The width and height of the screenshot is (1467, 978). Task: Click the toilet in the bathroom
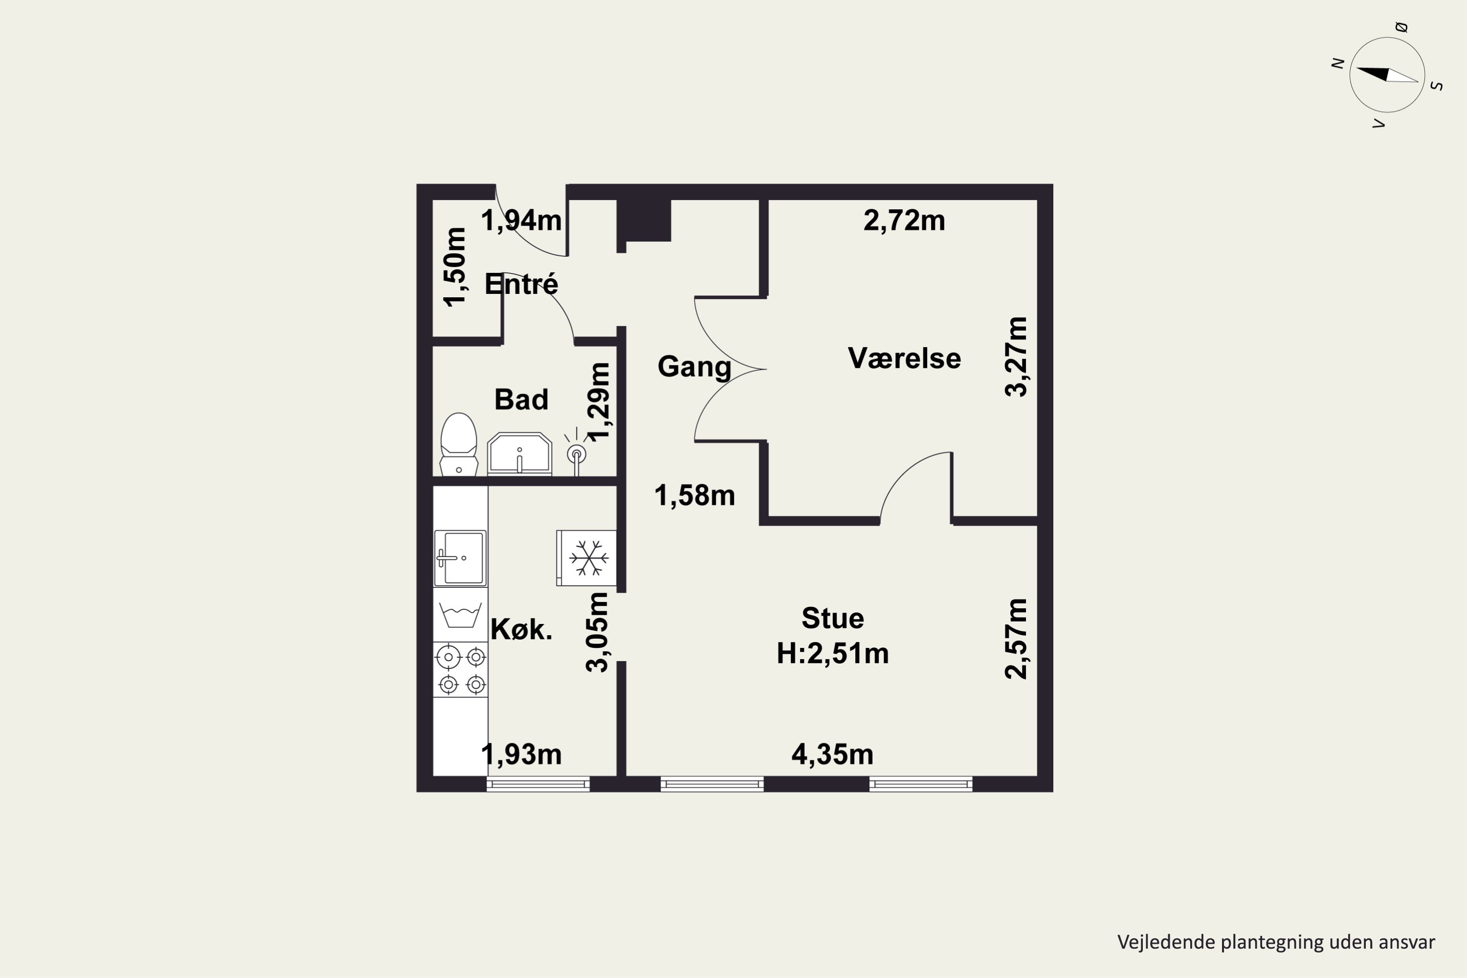pos(459,444)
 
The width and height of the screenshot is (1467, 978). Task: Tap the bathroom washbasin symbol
pos(519,453)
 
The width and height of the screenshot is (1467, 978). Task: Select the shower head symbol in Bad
pos(577,451)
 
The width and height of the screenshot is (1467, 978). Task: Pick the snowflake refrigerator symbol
pos(587,557)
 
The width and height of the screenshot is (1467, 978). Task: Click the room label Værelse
pos(904,358)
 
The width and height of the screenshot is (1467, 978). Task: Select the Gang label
pos(694,367)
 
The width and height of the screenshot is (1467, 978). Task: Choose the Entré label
pos(521,285)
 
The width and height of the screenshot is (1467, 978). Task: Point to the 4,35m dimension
pos(833,755)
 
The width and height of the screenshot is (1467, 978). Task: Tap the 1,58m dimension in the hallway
pos(695,496)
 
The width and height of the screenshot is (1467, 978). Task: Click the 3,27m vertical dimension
pos(1016,357)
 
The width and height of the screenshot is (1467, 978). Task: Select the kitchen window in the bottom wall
pos(537,784)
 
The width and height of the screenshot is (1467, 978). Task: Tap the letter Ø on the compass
pos(1401,27)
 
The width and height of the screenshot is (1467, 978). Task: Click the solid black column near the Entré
pos(644,220)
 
